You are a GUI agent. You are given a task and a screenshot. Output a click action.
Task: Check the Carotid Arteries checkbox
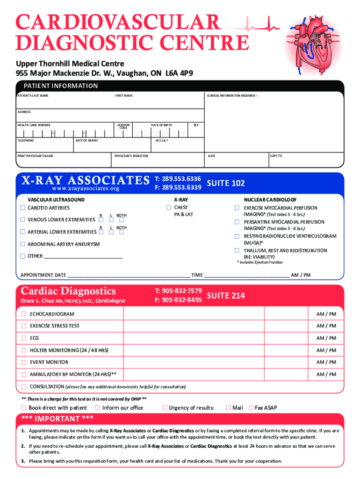22,208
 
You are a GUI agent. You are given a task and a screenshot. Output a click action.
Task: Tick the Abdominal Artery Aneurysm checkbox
22,244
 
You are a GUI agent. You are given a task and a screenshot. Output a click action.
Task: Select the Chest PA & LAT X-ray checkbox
169,208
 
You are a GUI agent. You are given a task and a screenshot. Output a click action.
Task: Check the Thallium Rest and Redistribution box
237,251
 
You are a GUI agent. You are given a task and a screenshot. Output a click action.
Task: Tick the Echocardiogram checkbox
23,314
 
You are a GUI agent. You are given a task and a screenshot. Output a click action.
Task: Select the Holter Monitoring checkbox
23,350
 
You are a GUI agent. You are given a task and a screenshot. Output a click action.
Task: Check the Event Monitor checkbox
23,362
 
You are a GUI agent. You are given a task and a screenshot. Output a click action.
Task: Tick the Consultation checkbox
23,387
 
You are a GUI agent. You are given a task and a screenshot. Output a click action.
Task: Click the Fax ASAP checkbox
251,408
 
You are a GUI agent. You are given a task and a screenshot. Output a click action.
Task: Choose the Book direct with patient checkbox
23,408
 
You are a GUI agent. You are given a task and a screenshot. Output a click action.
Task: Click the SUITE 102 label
225,183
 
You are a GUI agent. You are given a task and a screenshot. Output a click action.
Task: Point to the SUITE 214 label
225,296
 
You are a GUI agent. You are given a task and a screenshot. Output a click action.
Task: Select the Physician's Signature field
158,162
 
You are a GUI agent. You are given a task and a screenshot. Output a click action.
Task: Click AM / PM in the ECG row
326,338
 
